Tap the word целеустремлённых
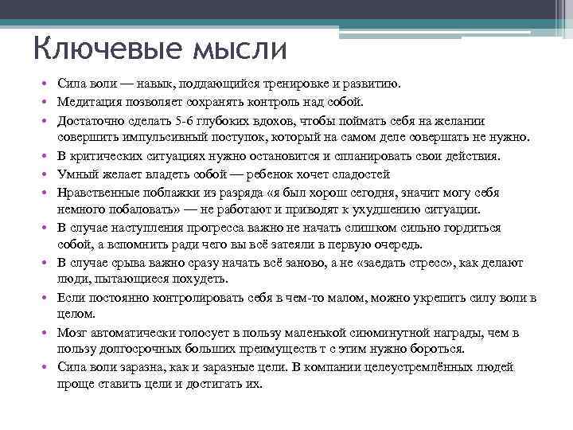419,367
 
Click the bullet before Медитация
49,102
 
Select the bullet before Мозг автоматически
49,331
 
